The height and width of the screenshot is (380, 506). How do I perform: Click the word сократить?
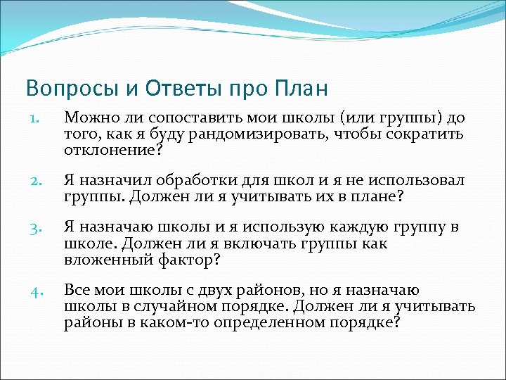[428, 134]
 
